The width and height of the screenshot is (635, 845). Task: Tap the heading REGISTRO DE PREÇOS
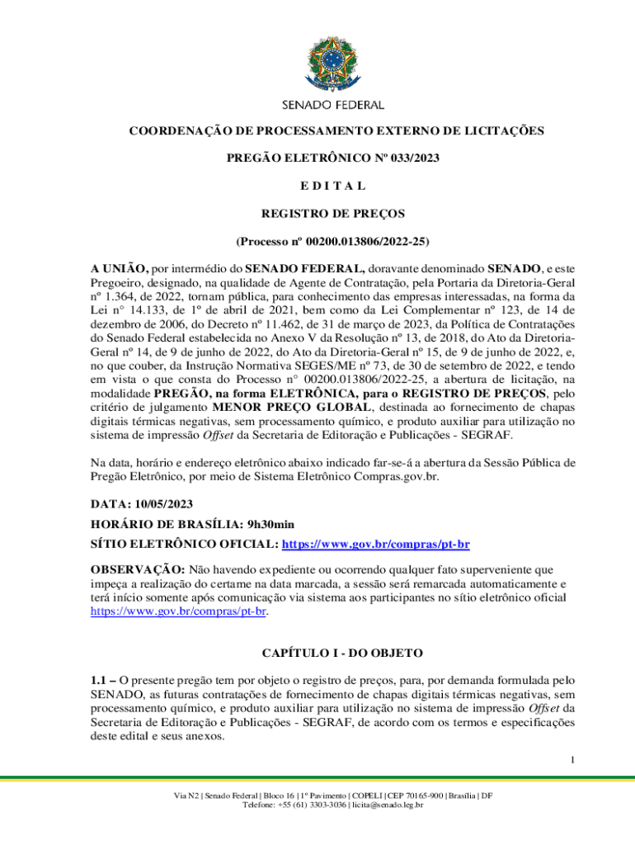pos(333,214)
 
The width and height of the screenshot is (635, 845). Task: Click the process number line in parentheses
pos(333,242)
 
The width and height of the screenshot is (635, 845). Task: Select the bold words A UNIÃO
pos(119,268)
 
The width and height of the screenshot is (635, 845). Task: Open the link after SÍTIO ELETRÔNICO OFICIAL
pos(376,545)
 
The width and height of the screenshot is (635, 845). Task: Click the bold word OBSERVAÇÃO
pos(138,569)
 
